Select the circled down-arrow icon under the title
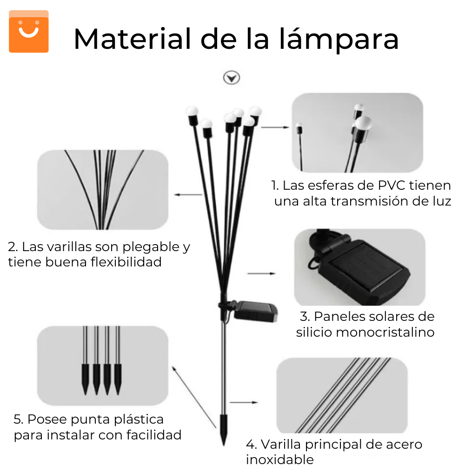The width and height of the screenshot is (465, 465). pos(231,78)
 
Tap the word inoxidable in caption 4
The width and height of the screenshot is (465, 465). pos(280,459)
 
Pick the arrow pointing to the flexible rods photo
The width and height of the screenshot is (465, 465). pos(188,195)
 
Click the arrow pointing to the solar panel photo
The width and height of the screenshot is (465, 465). pos(261,273)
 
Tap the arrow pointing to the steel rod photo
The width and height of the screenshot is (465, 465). pos(244,401)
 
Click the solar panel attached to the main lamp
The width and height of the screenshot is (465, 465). pos(255,310)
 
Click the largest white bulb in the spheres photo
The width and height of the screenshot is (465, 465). pos(364,124)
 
